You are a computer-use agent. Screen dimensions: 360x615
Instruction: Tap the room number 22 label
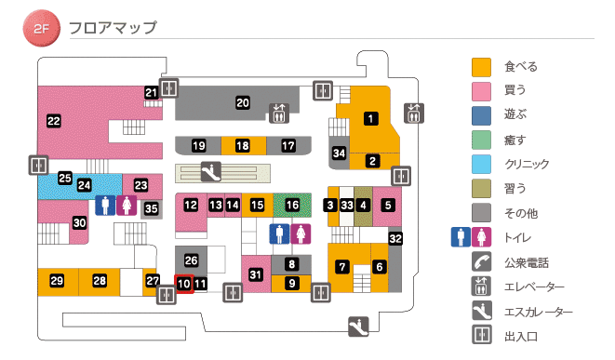(x=53, y=120)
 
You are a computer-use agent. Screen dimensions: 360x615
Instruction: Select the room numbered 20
(x=243, y=102)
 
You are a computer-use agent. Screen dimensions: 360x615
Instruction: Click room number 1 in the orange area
(x=370, y=118)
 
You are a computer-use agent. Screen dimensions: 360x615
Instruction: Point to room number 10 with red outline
(x=183, y=284)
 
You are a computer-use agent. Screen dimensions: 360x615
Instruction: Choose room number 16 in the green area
(x=292, y=204)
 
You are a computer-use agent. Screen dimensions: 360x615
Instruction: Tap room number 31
(x=256, y=273)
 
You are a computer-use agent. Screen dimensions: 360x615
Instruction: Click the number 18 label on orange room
(x=243, y=146)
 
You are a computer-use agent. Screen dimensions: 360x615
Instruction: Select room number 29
(x=57, y=281)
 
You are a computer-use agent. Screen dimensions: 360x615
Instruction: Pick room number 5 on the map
(x=388, y=204)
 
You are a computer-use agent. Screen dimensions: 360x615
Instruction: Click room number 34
(x=340, y=153)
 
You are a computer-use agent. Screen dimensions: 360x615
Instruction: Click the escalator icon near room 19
(x=212, y=171)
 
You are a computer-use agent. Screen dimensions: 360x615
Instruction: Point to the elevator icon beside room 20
(x=279, y=113)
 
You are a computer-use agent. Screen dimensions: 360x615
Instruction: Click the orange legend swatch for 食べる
(x=481, y=67)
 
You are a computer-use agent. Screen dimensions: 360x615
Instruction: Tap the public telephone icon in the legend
(x=481, y=261)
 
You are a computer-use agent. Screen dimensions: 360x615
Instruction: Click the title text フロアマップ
(x=113, y=28)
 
